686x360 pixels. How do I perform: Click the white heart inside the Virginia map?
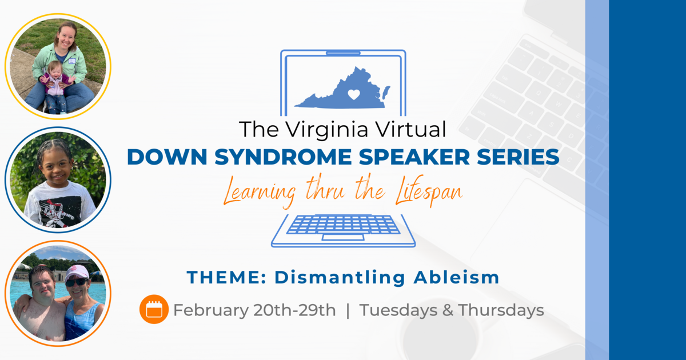point(354,94)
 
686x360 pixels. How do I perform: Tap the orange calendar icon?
point(154,310)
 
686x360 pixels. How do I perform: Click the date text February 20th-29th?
point(254,310)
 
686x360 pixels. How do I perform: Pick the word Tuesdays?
point(396,310)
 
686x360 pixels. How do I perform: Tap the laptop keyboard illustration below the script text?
point(343,226)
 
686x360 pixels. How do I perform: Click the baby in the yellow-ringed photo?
point(56,83)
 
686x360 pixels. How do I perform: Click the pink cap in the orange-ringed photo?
point(77,271)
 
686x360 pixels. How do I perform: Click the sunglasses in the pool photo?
point(76,282)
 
